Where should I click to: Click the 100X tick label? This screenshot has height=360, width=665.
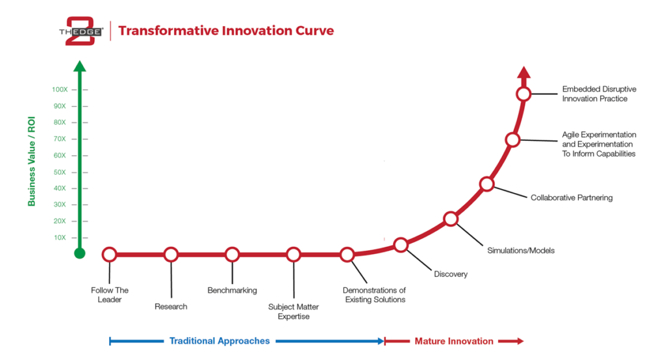point(60,90)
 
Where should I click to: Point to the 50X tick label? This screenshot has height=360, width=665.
point(60,172)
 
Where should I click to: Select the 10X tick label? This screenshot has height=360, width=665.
point(60,237)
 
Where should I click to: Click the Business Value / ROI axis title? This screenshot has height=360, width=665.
point(31,161)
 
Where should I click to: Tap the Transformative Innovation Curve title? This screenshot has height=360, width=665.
point(226,31)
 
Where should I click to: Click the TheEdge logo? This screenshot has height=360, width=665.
point(81,31)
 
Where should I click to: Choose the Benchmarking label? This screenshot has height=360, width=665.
point(232,290)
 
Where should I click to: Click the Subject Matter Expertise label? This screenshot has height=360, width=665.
point(294,312)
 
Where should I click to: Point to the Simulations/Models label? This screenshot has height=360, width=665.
point(521,250)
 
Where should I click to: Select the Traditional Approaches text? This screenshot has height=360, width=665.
point(220,341)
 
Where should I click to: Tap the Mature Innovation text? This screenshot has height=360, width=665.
point(454,341)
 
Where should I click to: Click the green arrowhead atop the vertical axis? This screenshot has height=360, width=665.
point(80,66)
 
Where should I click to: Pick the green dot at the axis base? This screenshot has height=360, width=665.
point(80,253)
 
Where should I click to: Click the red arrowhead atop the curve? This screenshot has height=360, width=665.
point(524,72)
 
